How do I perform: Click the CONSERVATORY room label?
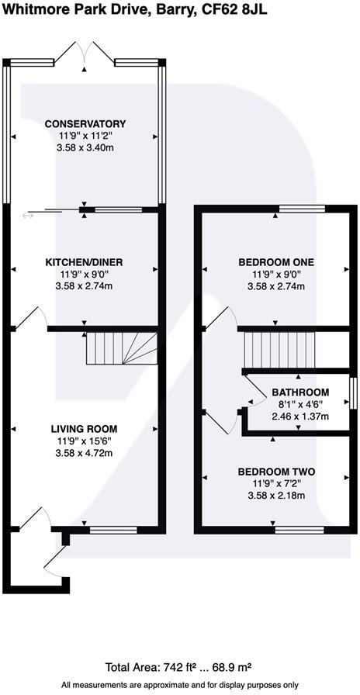85,124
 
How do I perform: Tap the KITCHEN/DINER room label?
84,263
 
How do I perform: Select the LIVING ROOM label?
84,429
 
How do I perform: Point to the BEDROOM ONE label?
275,263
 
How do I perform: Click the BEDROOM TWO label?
275,472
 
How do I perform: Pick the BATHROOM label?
299,392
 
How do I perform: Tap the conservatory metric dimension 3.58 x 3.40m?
85,148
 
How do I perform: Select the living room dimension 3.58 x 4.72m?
84,453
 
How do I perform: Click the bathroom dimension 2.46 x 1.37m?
299,417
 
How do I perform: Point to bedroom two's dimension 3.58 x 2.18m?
275,496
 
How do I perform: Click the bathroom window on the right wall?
352,392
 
